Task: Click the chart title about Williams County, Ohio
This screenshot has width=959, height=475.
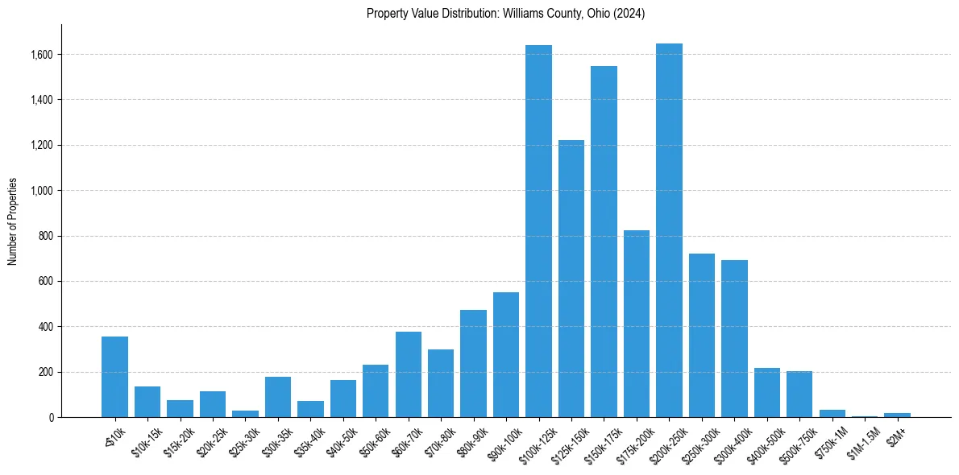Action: pyautogui.click(x=505, y=13)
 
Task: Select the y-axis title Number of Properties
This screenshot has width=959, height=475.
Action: pyautogui.click(x=13, y=221)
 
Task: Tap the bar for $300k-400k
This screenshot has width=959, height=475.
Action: pyautogui.click(x=734, y=338)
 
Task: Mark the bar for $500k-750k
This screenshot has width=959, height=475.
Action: pyautogui.click(x=799, y=394)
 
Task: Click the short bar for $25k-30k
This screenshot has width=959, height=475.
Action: pyautogui.click(x=245, y=414)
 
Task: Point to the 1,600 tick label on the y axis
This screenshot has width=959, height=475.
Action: pyautogui.click(x=41, y=55)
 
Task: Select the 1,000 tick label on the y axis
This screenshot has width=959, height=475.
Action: pyautogui.click(x=41, y=191)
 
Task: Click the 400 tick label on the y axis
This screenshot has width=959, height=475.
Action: pyautogui.click(x=45, y=327)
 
